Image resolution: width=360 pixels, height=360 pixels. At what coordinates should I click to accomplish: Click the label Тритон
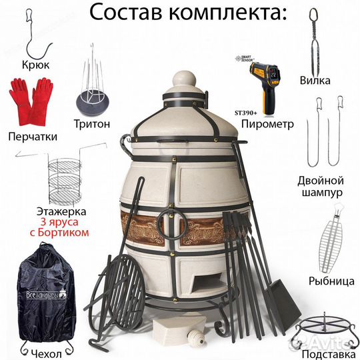92,123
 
